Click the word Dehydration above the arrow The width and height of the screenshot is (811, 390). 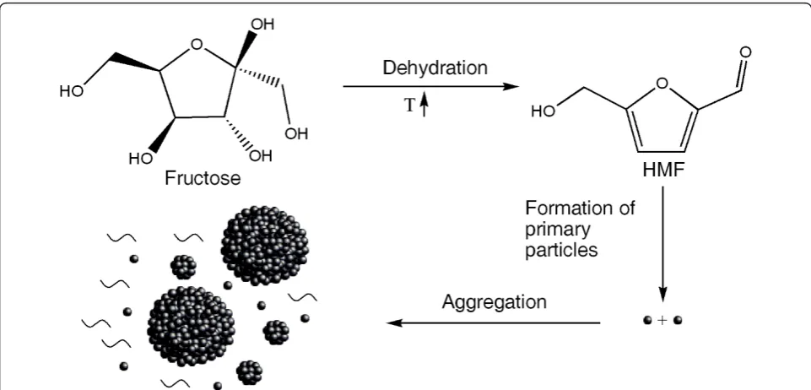pos(435,68)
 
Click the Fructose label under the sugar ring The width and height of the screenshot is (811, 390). pos(203,178)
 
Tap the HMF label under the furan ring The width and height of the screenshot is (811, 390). pos(662,170)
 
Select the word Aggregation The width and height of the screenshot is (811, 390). pos(494,302)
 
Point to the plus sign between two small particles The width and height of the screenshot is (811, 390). pos(662,321)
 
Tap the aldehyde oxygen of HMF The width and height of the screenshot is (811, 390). pos(745,52)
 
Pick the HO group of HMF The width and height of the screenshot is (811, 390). pos(543,111)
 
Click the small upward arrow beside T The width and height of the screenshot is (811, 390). pos(424,106)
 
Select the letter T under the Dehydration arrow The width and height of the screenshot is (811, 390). pos(409,106)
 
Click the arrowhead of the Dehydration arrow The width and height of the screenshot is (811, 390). pos(511,86)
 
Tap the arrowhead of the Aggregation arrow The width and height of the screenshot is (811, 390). pos(395,323)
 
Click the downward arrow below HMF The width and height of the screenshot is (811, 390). pos(662,244)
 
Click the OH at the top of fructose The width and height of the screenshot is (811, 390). pos(262,24)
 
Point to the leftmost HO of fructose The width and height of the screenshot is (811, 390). pos(71,91)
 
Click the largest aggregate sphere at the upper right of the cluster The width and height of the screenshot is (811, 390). pos(265,245)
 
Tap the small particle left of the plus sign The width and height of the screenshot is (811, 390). pos(647,321)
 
